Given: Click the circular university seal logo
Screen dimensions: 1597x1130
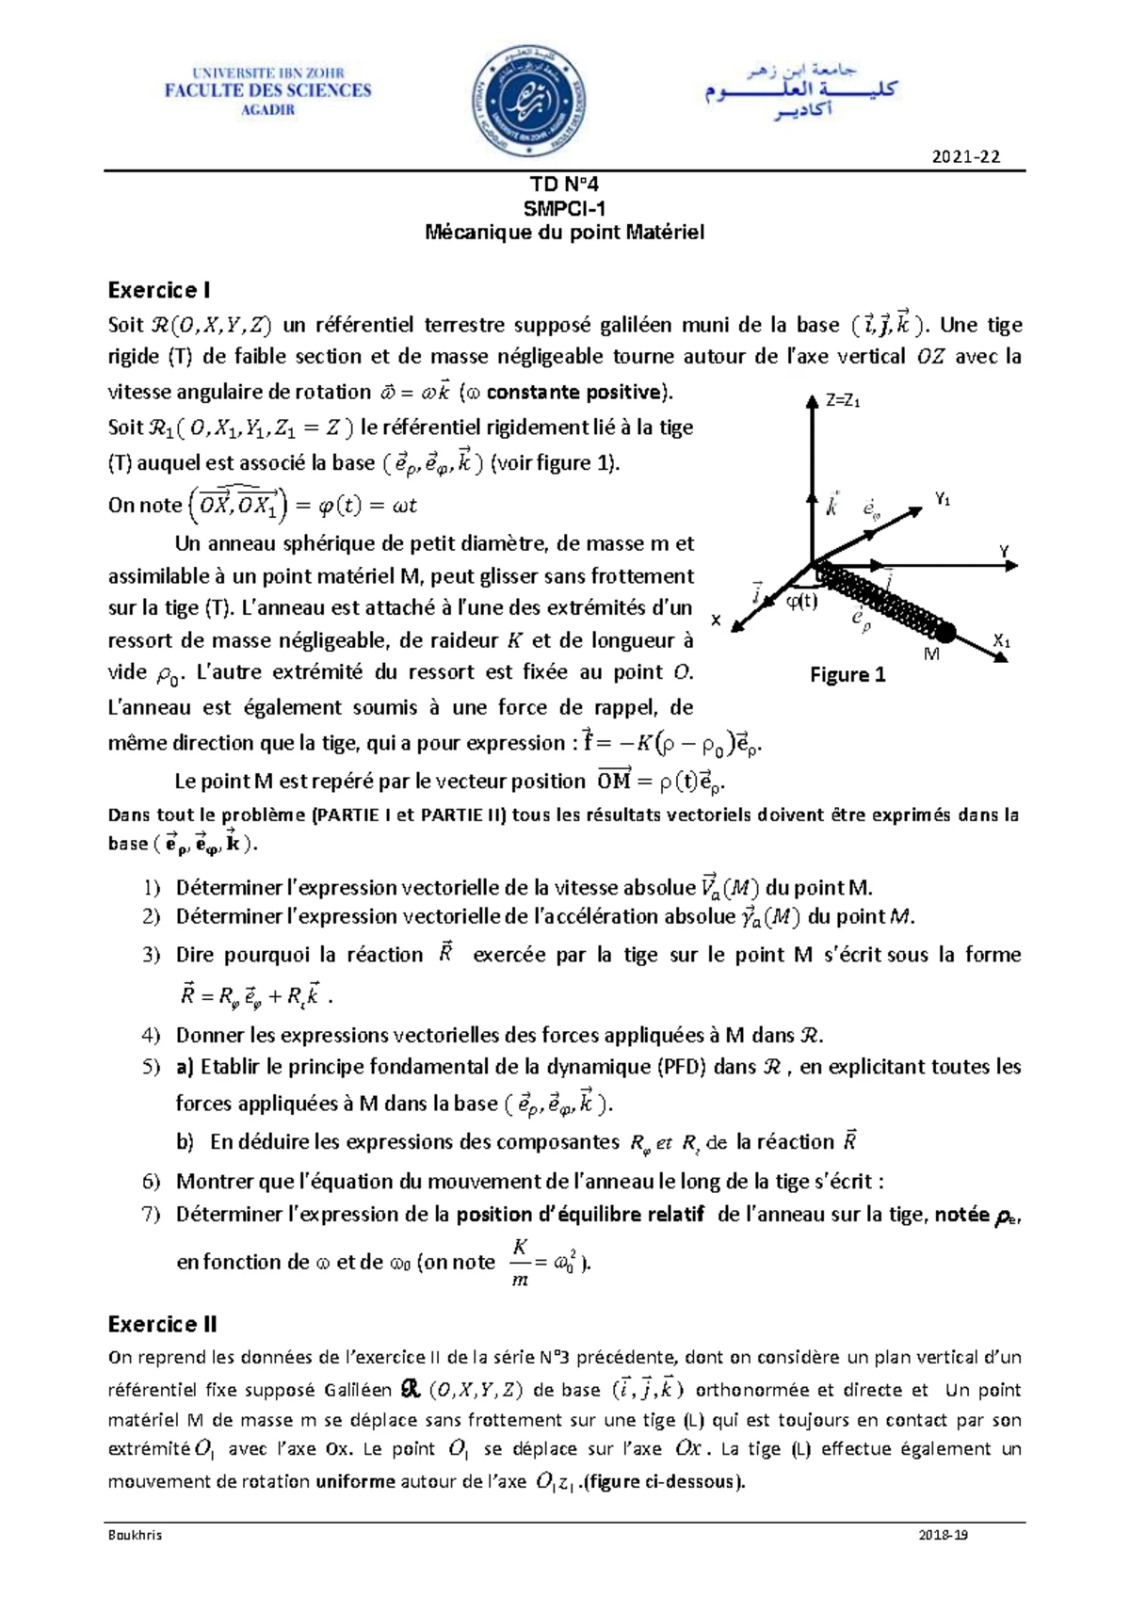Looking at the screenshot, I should pyautogui.click(x=528, y=96).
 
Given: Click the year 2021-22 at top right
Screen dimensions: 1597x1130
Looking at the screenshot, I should pyautogui.click(x=966, y=157).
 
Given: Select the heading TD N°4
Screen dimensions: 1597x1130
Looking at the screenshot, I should pyautogui.click(x=563, y=186).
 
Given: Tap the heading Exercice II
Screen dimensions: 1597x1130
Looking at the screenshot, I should pyautogui.click(x=162, y=1324).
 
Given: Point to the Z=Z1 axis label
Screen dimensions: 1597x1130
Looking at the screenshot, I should pyautogui.click(x=843, y=401).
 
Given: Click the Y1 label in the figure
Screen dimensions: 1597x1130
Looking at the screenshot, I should pyautogui.click(x=942, y=500).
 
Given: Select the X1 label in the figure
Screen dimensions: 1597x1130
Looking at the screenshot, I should pyautogui.click(x=1002, y=642).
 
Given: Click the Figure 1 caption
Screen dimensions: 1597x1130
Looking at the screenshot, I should pyautogui.click(x=847, y=675).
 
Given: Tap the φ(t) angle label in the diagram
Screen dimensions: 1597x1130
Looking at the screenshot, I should pyautogui.click(x=801, y=602).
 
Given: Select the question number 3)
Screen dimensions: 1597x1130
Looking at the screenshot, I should pyautogui.click(x=152, y=955).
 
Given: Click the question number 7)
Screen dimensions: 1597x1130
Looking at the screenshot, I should pyautogui.click(x=152, y=1215).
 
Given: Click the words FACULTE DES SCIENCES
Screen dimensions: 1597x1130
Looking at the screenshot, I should pyautogui.click(x=268, y=90).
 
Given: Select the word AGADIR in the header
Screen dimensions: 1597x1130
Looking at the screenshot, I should pyautogui.click(x=268, y=109).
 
